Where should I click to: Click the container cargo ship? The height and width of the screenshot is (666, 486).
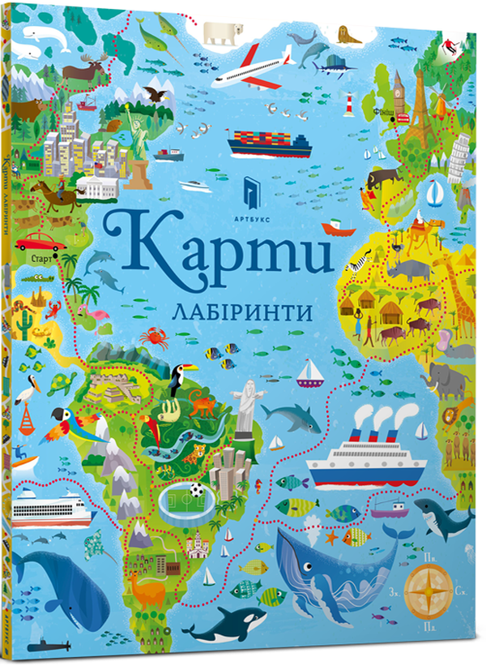click(270, 142)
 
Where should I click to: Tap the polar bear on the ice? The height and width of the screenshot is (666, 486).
click(223, 32)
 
